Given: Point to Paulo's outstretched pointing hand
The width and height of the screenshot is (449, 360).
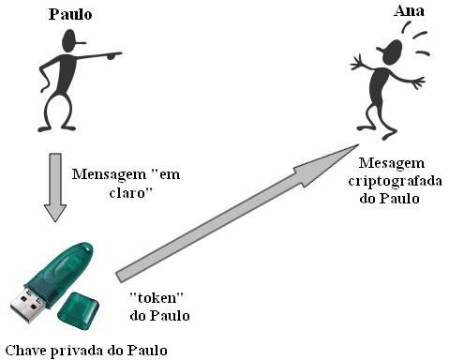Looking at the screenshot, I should [x=113, y=54].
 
